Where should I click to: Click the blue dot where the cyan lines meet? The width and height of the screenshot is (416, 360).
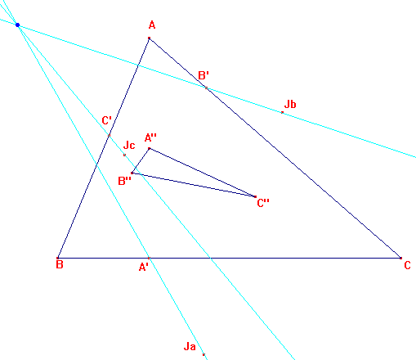click(x=18, y=25)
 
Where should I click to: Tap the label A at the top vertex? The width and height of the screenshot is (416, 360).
click(x=152, y=25)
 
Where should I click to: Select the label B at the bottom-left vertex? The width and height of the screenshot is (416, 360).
click(x=60, y=264)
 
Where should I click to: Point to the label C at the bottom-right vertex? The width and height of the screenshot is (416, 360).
click(x=407, y=265)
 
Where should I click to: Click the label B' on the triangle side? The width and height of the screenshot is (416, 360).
click(x=204, y=75)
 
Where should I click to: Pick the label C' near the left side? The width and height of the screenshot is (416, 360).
click(x=106, y=120)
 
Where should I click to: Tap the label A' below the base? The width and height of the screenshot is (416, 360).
click(x=144, y=267)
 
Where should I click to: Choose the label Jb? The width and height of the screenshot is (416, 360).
click(x=290, y=104)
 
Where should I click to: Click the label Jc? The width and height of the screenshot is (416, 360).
click(x=129, y=145)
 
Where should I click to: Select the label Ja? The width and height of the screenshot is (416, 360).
click(x=190, y=347)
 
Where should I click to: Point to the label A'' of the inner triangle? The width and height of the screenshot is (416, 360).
click(x=150, y=137)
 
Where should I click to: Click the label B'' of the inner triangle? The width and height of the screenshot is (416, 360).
click(x=125, y=181)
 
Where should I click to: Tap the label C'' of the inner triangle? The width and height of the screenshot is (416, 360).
click(x=263, y=203)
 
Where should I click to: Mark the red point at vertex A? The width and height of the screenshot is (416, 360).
click(x=149, y=38)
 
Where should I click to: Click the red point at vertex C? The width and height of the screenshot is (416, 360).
click(x=400, y=258)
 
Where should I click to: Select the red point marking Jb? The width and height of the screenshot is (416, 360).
click(x=282, y=112)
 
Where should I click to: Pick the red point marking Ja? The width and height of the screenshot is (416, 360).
click(x=204, y=354)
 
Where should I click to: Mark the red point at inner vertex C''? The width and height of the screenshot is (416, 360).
click(x=255, y=196)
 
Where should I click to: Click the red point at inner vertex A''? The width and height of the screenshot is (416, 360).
click(x=150, y=149)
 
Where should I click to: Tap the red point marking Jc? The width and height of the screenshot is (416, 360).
click(x=124, y=155)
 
